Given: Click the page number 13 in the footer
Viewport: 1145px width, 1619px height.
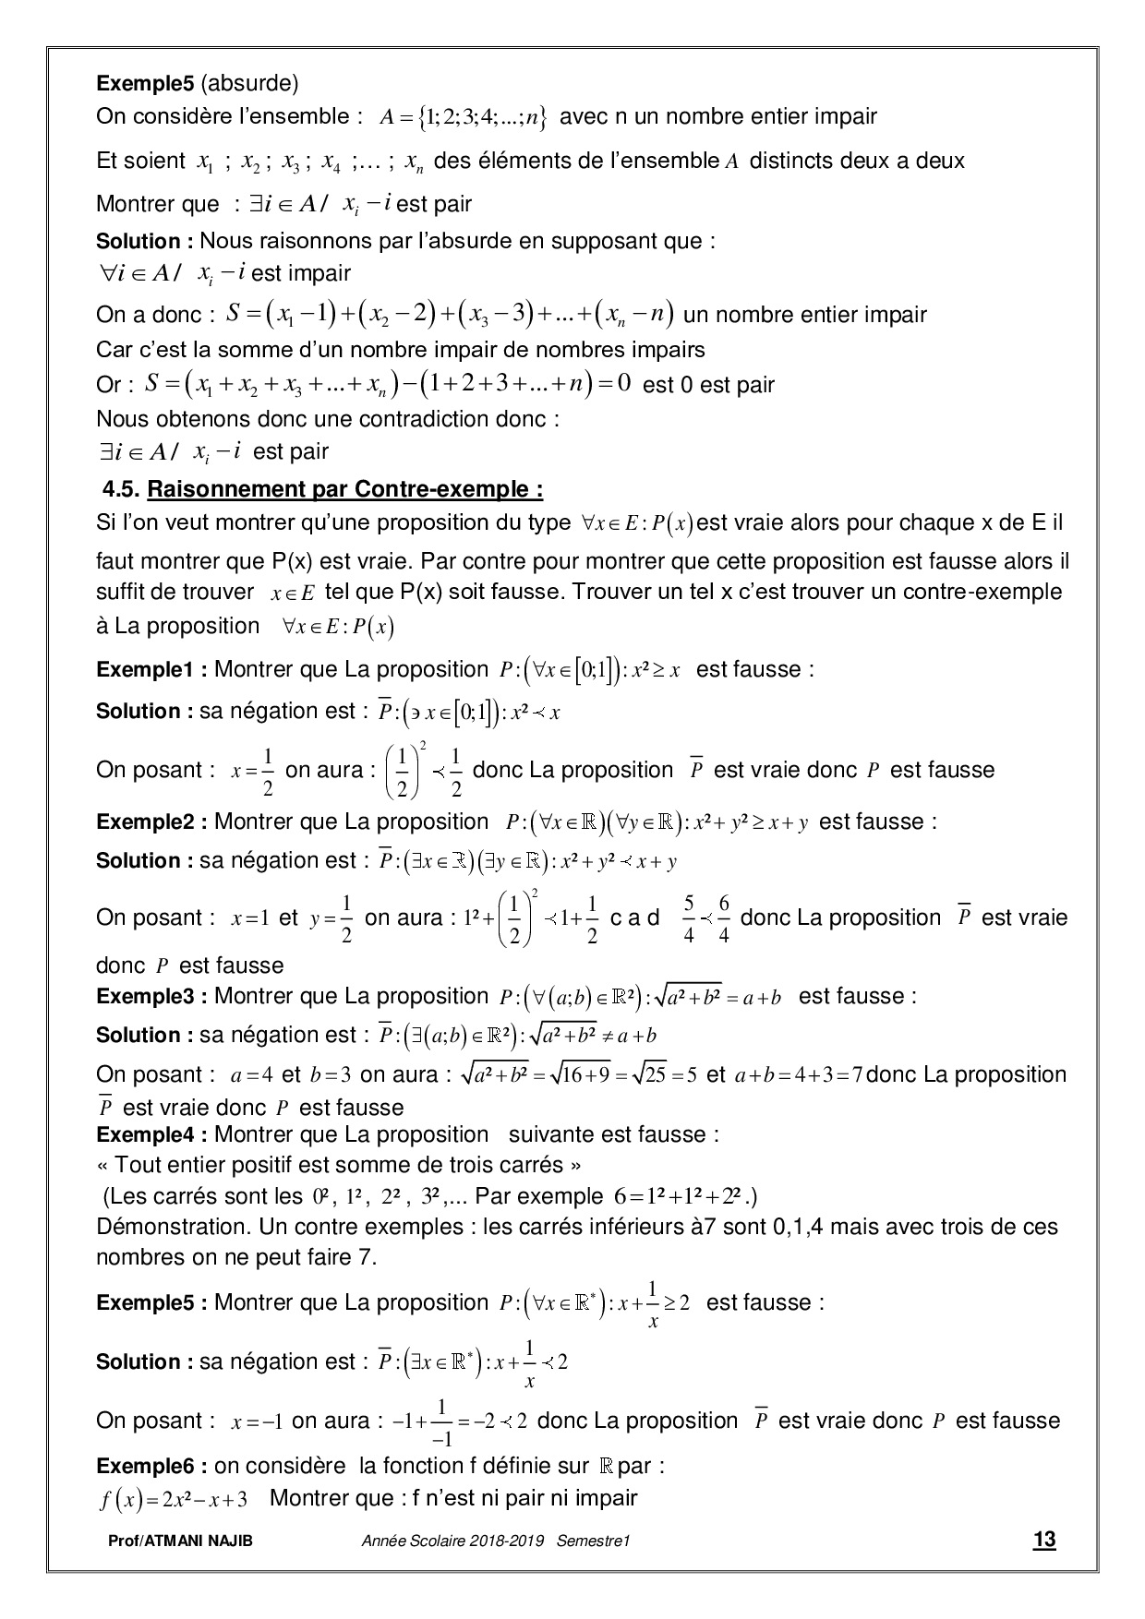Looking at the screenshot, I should pos(1044,1539).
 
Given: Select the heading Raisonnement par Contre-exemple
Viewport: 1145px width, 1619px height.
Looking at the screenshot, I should pos(344,487).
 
